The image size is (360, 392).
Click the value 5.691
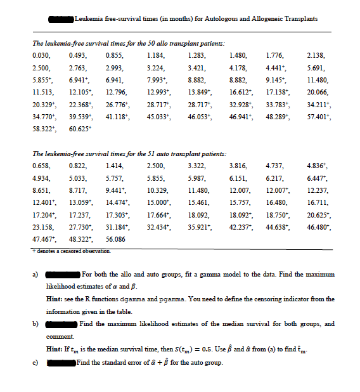tap(315, 67)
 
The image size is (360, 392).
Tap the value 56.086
tap(115, 239)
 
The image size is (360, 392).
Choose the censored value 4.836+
tap(316, 165)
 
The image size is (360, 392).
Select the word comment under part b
tap(58, 336)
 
